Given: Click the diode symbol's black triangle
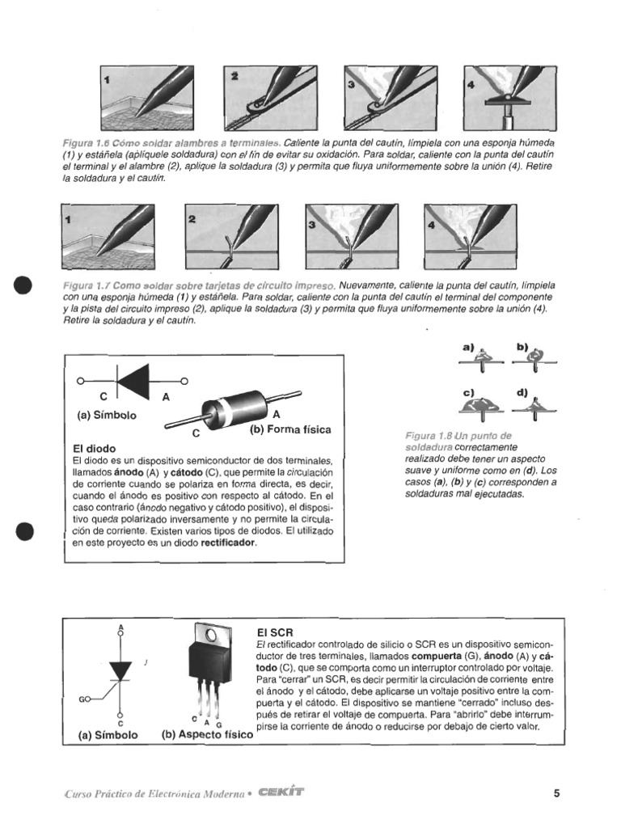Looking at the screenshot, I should click(x=134, y=380).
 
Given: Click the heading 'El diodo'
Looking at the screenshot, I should click(x=95, y=447).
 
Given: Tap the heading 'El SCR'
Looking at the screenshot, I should click(x=274, y=632).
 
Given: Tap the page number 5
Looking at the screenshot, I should click(x=556, y=793).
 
